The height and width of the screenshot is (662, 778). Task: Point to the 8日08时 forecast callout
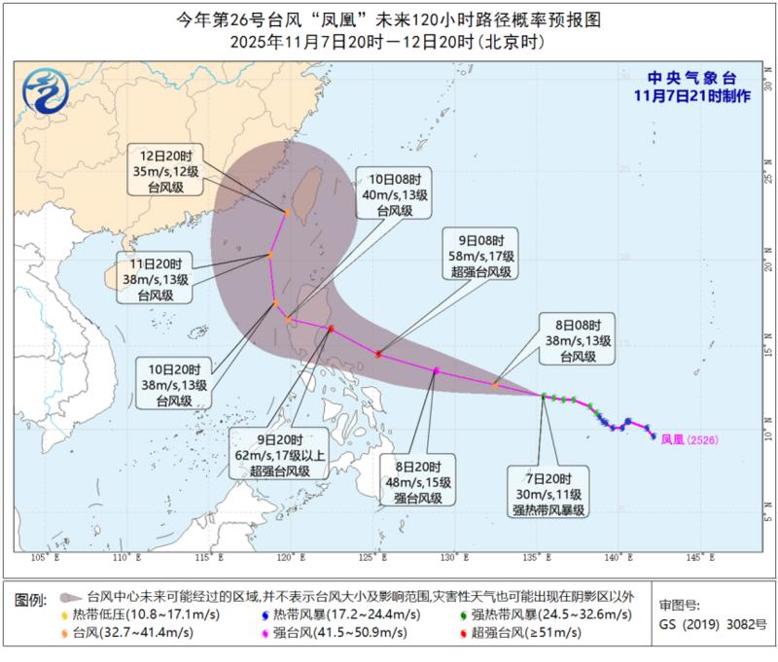point(582,340)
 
